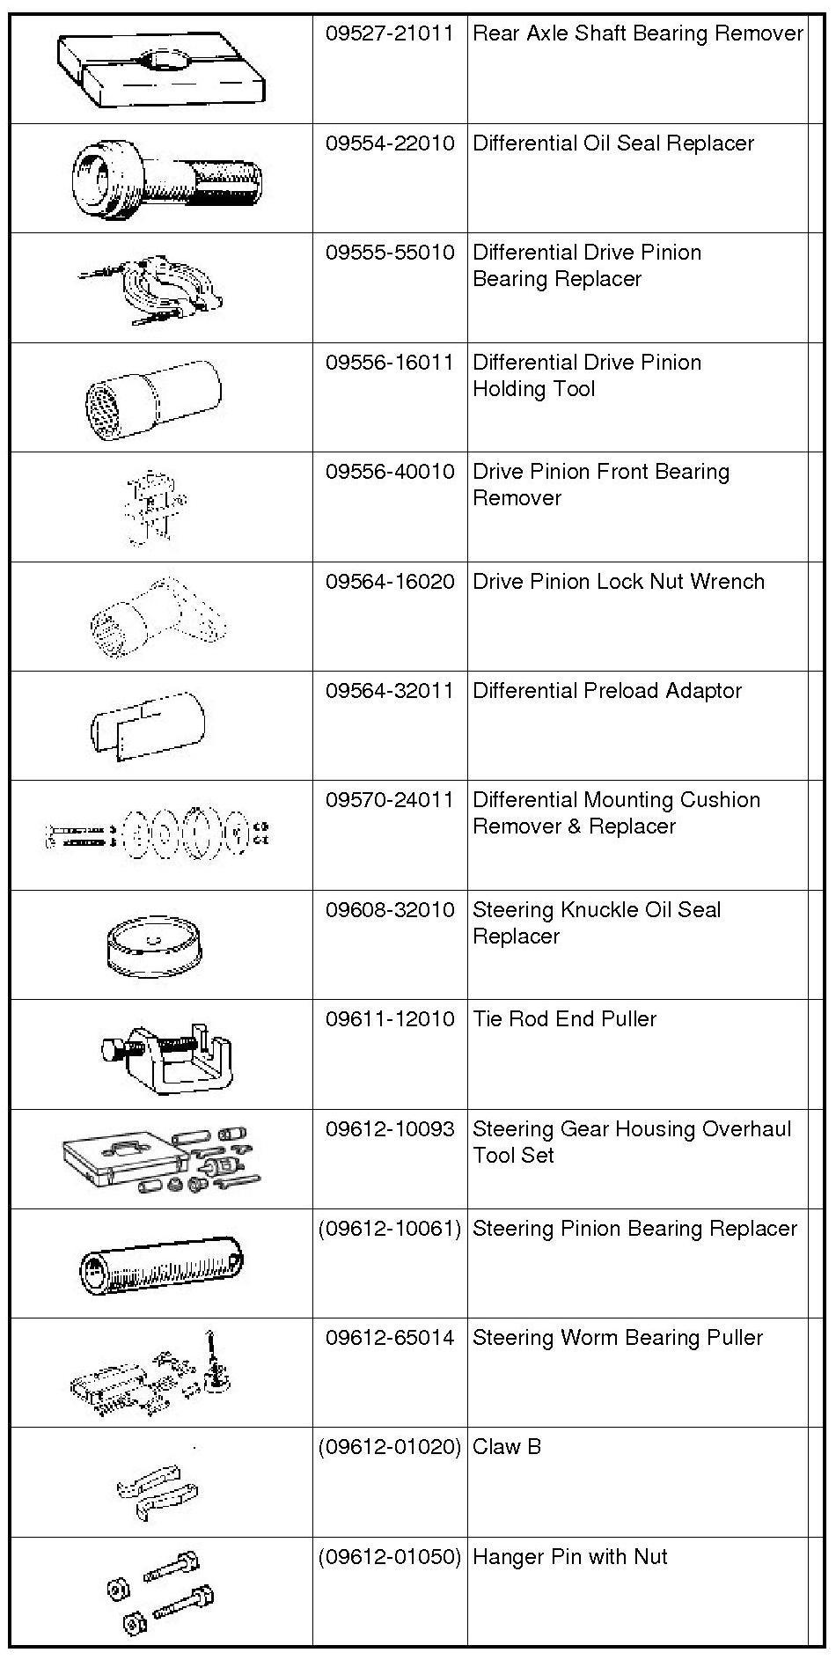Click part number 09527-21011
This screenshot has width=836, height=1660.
[389, 34]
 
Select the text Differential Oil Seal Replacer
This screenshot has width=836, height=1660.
[612, 143]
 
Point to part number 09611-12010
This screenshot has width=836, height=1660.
[389, 1019]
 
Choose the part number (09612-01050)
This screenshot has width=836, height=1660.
[389, 1556]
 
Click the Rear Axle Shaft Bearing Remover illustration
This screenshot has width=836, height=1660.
[161, 71]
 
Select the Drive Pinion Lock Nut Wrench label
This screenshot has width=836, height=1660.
[618, 582]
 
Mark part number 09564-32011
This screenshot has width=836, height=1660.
[389, 691]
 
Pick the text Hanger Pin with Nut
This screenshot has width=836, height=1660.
[569, 1556]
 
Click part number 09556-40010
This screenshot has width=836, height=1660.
[389, 472]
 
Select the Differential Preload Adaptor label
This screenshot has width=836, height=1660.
[606, 691]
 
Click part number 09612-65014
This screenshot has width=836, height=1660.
[389, 1338]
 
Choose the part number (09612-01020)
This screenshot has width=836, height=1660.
[389, 1446]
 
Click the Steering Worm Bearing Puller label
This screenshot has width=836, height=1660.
[617, 1338]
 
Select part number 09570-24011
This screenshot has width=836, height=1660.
[389, 800]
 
